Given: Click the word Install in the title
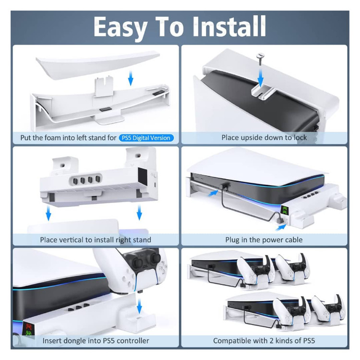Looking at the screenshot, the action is [229, 26].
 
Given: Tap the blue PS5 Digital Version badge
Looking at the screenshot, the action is [146, 138].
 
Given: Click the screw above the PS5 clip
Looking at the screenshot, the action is [261, 59].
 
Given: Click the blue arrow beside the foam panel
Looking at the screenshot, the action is [131, 78].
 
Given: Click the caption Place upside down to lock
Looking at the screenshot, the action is [264, 138].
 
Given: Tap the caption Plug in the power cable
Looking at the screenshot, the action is [264, 240].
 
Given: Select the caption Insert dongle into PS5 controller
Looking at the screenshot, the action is [96, 341].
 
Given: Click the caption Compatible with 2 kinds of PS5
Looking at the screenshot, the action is [264, 341].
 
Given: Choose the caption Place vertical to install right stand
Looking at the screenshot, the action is [96, 240].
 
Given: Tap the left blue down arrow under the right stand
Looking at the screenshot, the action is [48, 213].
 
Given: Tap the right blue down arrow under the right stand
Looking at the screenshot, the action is [139, 213].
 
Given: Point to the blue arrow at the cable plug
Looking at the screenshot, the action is [281, 228].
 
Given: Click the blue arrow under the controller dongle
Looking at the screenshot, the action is [139, 306].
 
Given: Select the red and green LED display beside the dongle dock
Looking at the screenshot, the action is [29, 330].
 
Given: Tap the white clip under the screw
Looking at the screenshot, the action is [263, 92].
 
